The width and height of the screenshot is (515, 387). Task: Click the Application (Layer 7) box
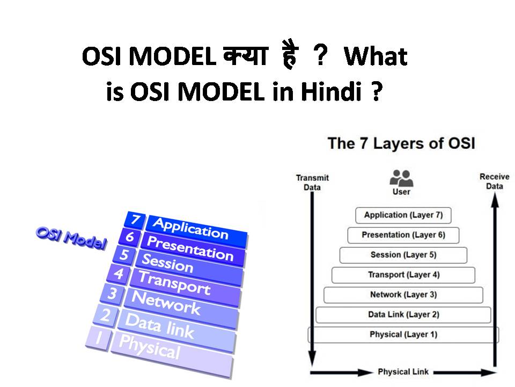pos(403,215)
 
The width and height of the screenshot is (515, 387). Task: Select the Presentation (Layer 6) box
pos(403,235)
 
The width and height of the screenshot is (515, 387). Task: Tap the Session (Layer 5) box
pos(403,255)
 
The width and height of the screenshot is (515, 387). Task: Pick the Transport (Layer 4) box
pos(403,275)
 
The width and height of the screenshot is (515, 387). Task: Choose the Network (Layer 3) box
pos(403,295)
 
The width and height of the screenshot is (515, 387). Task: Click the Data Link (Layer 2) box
pos(403,314)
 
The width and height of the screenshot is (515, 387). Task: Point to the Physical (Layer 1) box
pos(403,334)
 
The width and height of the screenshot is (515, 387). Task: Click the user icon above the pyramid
pos(401,178)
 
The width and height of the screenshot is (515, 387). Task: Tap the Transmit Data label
pos(312,182)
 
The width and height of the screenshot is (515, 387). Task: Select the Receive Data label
pos(494,181)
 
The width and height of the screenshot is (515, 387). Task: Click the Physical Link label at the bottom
pos(403,372)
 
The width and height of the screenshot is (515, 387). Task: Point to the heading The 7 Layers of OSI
pos(401,144)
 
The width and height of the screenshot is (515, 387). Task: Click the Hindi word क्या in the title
pos(242,57)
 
